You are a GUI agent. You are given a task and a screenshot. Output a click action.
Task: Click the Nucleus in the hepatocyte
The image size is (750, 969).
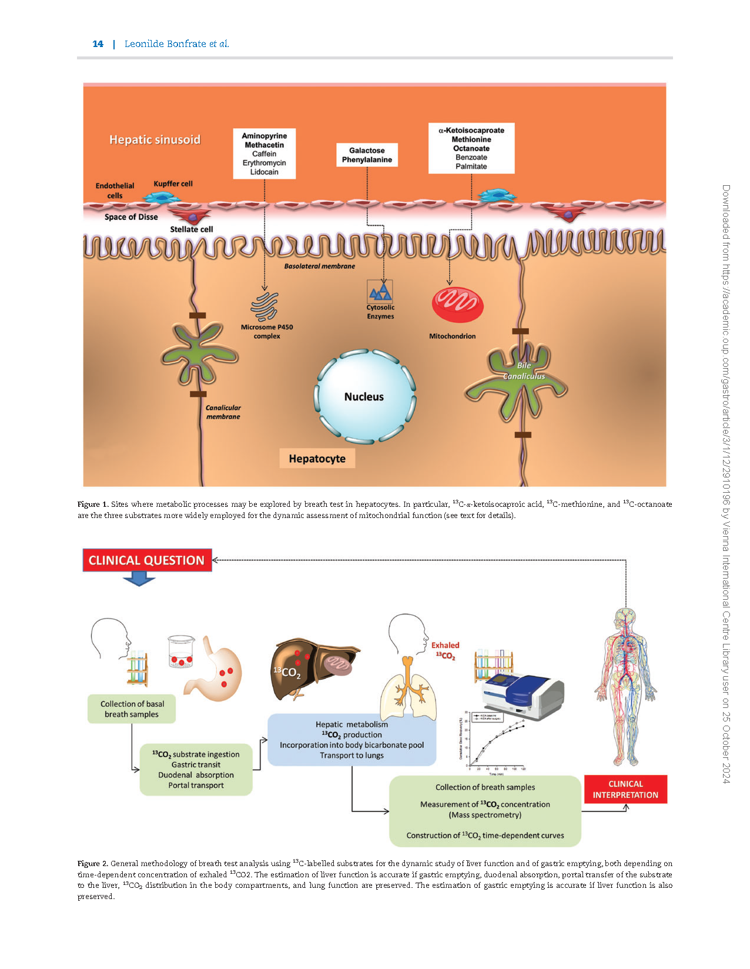click(364, 396)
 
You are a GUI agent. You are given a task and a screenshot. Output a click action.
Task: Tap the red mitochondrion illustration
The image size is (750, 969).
click(457, 305)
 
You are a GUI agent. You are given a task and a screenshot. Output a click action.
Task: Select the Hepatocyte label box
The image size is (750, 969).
click(317, 459)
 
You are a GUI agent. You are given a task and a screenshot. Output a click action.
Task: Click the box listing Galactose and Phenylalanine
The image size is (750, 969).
click(367, 155)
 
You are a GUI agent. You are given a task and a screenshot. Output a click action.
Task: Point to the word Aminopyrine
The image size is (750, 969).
click(264, 136)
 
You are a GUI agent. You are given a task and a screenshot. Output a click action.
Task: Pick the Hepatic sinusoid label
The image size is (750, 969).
click(155, 139)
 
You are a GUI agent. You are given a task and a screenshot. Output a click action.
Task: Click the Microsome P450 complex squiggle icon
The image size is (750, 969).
click(264, 306)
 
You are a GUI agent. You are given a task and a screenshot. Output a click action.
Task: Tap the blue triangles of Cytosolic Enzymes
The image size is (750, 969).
click(380, 292)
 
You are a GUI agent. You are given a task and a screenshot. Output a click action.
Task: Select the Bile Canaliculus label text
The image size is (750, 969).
click(524, 371)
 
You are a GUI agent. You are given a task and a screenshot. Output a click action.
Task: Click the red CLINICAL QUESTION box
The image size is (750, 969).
click(147, 560)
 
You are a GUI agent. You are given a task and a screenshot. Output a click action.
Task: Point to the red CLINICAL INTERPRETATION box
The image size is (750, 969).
click(625, 789)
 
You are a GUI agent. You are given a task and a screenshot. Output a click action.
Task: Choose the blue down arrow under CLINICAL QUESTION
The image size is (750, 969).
click(139, 580)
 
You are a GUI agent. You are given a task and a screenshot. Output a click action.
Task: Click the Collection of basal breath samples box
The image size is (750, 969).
click(132, 709)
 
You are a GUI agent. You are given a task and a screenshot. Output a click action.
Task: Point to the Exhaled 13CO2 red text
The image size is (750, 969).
click(445, 650)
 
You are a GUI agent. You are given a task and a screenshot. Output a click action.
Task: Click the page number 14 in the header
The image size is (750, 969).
click(98, 44)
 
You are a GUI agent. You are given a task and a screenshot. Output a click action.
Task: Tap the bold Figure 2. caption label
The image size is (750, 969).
click(92, 863)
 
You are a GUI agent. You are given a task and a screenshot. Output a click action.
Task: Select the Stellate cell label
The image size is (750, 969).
click(192, 229)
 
